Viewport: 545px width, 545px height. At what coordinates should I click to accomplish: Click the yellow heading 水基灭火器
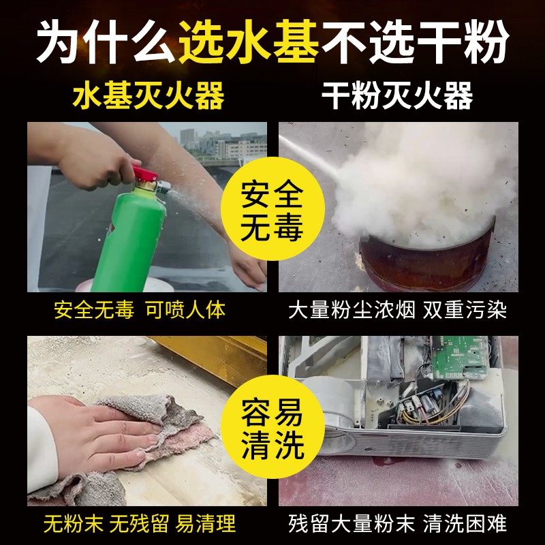click(148, 96)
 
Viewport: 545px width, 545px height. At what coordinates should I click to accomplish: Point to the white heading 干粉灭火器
click(397, 96)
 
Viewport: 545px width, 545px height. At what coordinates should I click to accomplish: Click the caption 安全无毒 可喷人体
click(139, 311)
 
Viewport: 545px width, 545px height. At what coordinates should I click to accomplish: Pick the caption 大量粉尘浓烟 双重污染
click(397, 311)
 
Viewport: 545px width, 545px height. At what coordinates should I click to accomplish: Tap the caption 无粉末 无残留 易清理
click(139, 524)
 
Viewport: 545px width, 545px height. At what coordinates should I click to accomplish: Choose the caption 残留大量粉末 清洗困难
click(397, 524)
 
